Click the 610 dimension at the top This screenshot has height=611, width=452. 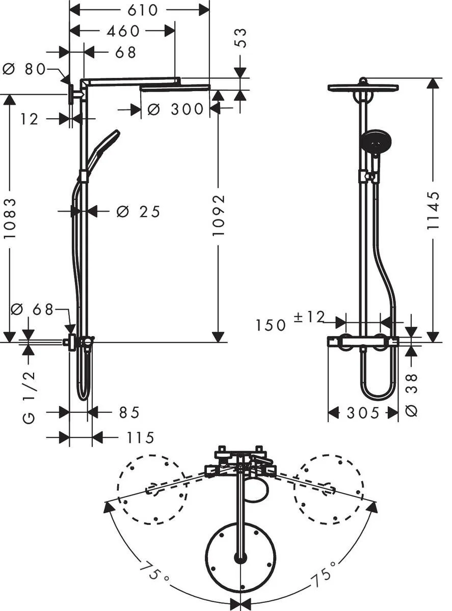tap(140, 10)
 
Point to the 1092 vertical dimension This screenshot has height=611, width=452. tap(218, 214)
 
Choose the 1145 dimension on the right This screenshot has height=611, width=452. tap(433, 210)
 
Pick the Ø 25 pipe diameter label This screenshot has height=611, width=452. tap(139, 211)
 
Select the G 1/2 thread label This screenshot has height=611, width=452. tap(29, 397)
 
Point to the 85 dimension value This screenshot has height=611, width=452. tap(129, 412)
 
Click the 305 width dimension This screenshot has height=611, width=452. tap(363, 413)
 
